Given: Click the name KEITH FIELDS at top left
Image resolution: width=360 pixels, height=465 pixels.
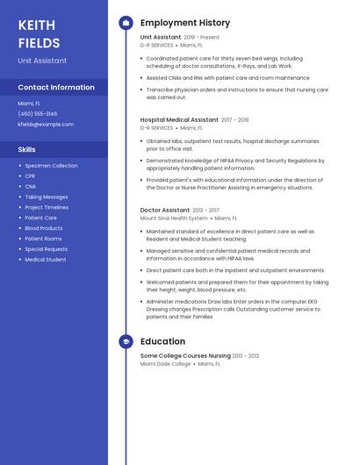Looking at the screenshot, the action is pyautogui.click(x=39, y=33).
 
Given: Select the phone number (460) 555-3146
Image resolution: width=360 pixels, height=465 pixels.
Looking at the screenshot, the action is pyautogui.click(x=38, y=114).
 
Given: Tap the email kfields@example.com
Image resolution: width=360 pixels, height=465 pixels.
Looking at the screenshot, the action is pyautogui.click(x=46, y=125).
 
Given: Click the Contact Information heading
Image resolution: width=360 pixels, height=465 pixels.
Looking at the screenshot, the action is pyautogui.click(x=56, y=87).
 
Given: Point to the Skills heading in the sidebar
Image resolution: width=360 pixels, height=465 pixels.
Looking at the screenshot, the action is pyautogui.click(x=27, y=149).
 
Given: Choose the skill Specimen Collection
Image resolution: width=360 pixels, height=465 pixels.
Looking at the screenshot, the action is pyautogui.click(x=51, y=166).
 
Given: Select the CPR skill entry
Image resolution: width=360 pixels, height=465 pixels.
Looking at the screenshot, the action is pyautogui.click(x=31, y=176).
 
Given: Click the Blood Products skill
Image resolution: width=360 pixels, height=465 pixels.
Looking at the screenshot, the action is pyautogui.click(x=44, y=228).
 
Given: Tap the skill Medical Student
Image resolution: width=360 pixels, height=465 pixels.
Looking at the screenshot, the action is pyautogui.click(x=46, y=260).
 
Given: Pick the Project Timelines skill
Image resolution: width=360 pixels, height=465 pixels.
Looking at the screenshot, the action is pyautogui.click(x=47, y=208).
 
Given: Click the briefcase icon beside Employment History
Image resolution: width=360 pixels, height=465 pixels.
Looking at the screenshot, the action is pyautogui.click(x=126, y=23).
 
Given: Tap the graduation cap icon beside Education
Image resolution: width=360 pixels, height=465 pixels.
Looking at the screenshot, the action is pyautogui.click(x=126, y=341).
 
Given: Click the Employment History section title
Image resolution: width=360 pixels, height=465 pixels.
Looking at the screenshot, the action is pyautogui.click(x=185, y=23).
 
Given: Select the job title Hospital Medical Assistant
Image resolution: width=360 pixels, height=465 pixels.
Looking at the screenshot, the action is pyautogui.click(x=179, y=119).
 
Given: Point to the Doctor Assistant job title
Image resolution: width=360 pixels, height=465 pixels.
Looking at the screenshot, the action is pyautogui.click(x=165, y=211).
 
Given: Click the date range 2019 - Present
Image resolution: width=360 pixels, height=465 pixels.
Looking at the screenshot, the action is pyautogui.click(x=202, y=38).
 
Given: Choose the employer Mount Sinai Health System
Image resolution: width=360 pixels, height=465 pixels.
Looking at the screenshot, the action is pyautogui.click(x=174, y=218).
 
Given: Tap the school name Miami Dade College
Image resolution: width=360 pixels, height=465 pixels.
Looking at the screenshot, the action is pyautogui.click(x=165, y=363).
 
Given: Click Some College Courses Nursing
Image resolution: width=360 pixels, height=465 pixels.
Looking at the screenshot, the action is pyautogui.click(x=185, y=355).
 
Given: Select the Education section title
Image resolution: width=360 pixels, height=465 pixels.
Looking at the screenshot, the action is pyautogui.click(x=162, y=341).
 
